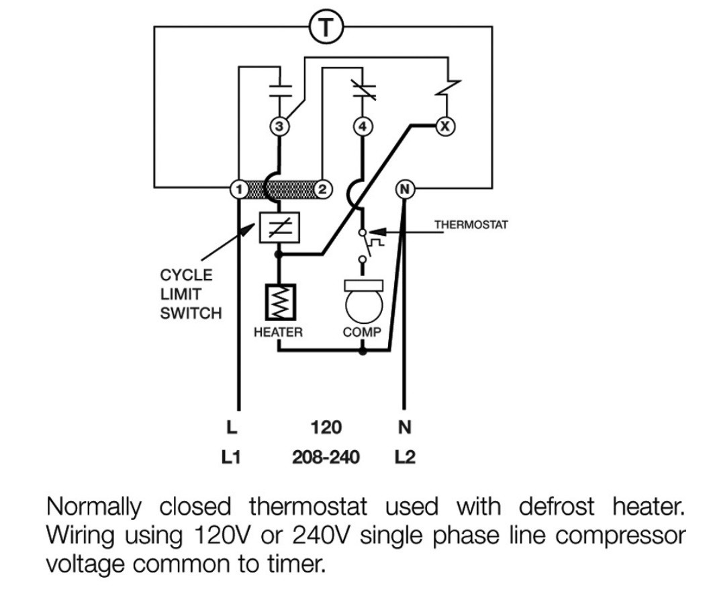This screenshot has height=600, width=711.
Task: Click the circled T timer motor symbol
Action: (326, 27)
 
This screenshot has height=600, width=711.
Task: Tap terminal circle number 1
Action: (239, 189)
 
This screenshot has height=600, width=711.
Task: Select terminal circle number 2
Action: (322, 189)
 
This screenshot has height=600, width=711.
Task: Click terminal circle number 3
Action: (279, 126)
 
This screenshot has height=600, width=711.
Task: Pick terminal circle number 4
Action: (363, 126)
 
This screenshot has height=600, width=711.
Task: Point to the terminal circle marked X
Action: (445, 126)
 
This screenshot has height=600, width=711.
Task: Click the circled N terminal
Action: (405, 189)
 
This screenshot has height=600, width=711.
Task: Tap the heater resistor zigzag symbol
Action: (281, 302)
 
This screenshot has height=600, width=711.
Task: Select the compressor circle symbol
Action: (364, 306)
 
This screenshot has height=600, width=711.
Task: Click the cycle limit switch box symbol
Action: (279, 227)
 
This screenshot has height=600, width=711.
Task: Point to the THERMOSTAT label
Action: (471, 224)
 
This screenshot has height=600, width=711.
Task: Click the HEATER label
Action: (278, 332)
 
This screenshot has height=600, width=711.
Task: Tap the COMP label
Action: (362, 332)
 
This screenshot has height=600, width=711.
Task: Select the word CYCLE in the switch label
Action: (187, 275)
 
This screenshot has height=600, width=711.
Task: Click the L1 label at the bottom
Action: (231, 457)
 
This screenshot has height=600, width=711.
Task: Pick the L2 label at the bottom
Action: (405, 457)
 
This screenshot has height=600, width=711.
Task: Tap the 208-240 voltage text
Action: (326, 457)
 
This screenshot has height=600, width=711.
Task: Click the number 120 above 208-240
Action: (326, 427)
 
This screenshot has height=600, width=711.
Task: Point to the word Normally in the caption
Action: (94, 507)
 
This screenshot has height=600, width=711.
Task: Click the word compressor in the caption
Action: (621, 536)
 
